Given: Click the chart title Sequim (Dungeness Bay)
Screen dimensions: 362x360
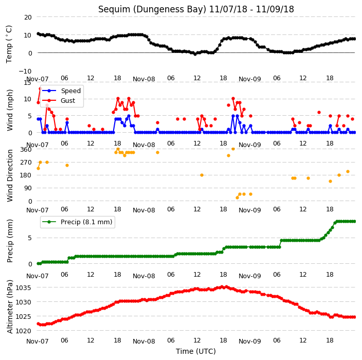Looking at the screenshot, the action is (x=152, y=9).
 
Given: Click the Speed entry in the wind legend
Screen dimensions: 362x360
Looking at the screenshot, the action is (x=71, y=91).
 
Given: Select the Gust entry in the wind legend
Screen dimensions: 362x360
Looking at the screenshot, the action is (x=68, y=101).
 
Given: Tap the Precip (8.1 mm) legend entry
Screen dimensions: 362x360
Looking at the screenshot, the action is (x=86, y=222).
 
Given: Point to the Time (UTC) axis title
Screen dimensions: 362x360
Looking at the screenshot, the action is (x=196, y=351).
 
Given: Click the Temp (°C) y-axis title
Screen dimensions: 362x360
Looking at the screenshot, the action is (x=9, y=44).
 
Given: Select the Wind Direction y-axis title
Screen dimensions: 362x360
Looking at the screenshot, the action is (x=9, y=176).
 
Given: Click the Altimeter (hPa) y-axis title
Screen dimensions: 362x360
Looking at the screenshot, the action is (x=9, y=307).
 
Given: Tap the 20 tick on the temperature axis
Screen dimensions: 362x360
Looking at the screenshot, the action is (x=28, y=17).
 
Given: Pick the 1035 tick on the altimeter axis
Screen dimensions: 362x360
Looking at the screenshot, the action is (x=23, y=287).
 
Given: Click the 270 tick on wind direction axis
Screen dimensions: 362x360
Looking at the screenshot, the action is (x=26, y=163).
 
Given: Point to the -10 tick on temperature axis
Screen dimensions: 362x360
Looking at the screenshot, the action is (x=25, y=71).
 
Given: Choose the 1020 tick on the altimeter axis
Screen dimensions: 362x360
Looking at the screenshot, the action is (x=23, y=331).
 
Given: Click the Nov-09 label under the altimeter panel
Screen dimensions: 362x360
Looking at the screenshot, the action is (x=249, y=341).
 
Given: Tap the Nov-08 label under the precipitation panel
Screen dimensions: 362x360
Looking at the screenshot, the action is (x=144, y=276).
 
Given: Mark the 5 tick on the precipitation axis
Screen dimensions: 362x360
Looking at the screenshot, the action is (x=30, y=238).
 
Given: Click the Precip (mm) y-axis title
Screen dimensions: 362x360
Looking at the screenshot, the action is (x=9, y=241).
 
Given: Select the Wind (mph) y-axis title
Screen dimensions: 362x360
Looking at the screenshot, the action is (x=9, y=111).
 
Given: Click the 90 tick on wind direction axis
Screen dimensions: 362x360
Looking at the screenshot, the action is (x=28, y=188).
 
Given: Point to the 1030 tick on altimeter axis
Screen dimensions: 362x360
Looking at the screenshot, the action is (x=23, y=302).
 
